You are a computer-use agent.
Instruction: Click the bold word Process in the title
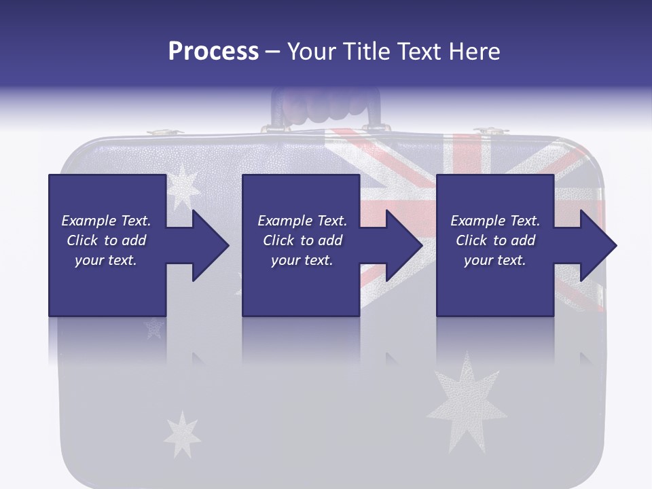pyautogui.click(x=213, y=52)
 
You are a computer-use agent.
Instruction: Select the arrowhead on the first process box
pyautogui.click(x=207, y=245)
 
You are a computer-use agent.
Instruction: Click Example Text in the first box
pyautogui.click(x=106, y=221)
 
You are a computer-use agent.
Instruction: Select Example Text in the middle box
pyautogui.click(x=302, y=221)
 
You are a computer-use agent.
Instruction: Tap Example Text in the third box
pyautogui.click(x=495, y=221)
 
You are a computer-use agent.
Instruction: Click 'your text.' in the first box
pyautogui.click(x=106, y=260)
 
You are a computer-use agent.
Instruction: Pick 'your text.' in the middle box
pyautogui.click(x=302, y=260)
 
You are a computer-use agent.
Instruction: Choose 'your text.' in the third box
pyautogui.click(x=495, y=260)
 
